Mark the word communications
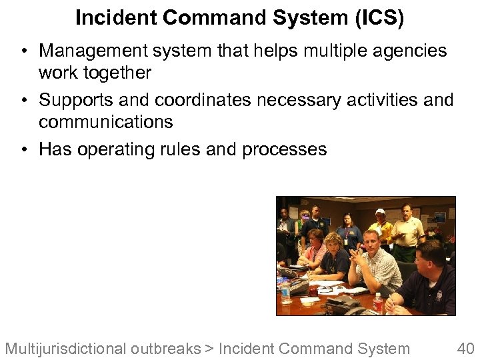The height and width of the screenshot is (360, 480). pyautogui.click(x=105, y=122)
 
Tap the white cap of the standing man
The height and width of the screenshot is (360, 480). pyautogui.click(x=380, y=211)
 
